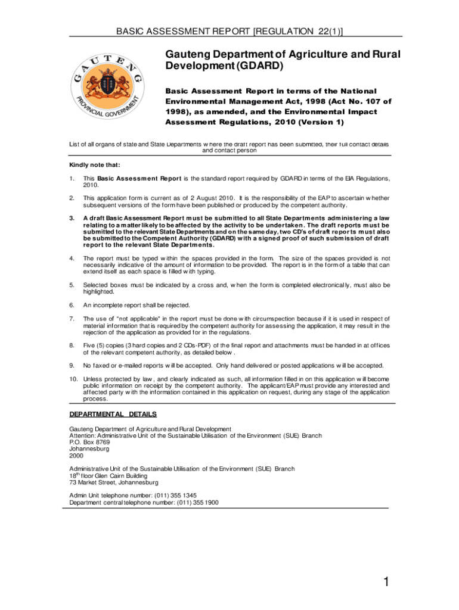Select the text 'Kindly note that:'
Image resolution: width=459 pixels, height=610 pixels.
94,165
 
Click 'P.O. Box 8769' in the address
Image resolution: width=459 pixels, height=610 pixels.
89,442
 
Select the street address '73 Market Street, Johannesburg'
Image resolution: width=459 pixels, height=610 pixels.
114,483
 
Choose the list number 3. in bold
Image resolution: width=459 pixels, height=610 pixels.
72,218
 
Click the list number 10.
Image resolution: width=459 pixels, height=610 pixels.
73,379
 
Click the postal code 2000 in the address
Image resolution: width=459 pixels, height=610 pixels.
76,456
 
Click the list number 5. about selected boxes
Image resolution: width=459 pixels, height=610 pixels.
72,285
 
